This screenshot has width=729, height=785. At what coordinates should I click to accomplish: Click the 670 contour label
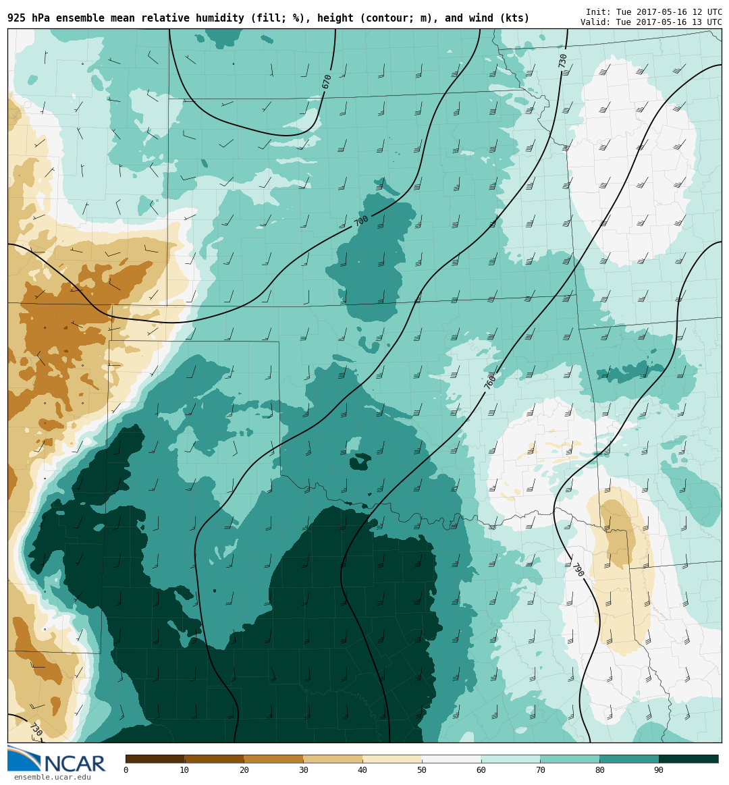[327, 82]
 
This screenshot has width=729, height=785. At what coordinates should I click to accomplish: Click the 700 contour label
[361, 221]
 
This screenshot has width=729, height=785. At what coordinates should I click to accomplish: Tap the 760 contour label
[490, 382]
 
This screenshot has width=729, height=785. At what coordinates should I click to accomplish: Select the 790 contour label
[578, 570]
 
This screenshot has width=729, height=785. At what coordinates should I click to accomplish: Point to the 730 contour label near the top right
[562, 61]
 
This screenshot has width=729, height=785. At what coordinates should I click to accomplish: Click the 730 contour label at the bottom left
[36, 730]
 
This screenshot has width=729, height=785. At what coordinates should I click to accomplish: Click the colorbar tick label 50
[422, 770]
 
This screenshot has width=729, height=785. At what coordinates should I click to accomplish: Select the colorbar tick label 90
[658, 770]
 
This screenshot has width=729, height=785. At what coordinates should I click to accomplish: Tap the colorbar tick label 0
[126, 770]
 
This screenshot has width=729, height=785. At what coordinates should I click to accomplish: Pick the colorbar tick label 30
[303, 770]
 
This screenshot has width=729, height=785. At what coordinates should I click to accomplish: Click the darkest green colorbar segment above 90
[688, 759]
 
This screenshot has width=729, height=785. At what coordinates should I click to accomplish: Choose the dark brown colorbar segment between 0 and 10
[155, 759]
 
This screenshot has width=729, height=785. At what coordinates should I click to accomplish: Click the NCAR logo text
[74, 763]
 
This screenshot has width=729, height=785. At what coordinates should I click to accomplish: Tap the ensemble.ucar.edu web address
[52, 778]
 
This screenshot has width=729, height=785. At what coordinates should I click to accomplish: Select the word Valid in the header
[595, 22]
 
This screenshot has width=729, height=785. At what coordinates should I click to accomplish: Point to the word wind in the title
[481, 18]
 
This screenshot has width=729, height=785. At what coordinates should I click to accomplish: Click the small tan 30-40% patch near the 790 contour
[616, 533]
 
